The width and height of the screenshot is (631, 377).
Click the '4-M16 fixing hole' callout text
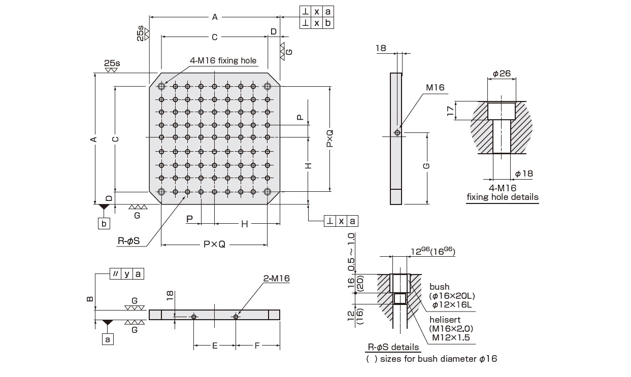223,60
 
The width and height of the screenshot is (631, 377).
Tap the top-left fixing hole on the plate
161,86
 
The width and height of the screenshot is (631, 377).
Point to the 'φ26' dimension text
502,74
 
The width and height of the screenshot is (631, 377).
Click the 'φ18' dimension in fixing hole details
524,174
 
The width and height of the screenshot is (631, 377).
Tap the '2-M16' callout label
277,279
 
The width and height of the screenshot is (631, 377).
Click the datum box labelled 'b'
104,223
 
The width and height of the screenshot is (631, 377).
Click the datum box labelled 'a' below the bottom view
107,338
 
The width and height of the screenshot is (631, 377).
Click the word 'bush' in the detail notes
440,287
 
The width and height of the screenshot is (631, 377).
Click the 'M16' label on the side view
435,87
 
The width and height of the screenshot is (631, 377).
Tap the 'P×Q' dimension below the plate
214,244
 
